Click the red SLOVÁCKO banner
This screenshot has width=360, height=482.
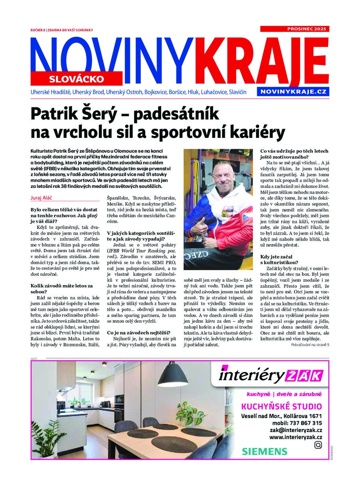[x=76, y=79]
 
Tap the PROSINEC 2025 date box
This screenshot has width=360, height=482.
[x=294, y=29]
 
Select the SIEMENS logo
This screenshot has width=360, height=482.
[x=264, y=452]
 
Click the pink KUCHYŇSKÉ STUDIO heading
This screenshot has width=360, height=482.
[x=281, y=407]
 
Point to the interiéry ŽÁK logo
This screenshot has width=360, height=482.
[x=270, y=376]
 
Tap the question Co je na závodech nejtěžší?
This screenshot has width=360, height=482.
[x=139, y=333]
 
